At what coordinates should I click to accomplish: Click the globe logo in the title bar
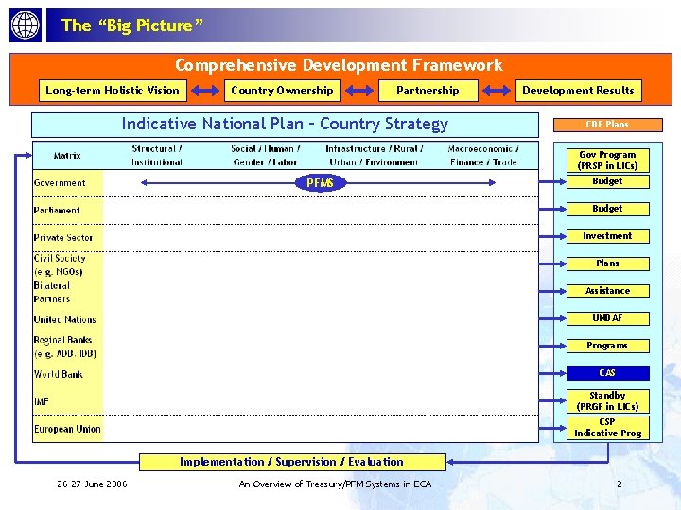(26, 25)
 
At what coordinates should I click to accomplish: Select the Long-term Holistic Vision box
(113, 91)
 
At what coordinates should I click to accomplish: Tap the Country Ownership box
(283, 91)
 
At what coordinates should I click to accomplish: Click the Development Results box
(578, 91)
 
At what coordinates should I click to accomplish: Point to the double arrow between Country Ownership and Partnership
(358, 91)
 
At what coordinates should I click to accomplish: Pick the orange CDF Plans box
(607, 124)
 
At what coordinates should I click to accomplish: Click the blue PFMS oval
(321, 182)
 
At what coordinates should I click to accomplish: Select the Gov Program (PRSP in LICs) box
(607, 160)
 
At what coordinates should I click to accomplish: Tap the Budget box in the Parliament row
(607, 209)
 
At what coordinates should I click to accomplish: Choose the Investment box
(607, 236)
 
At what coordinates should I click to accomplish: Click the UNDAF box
(607, 318)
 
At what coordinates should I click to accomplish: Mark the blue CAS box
(607, 373)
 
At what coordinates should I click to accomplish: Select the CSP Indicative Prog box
(607, 428)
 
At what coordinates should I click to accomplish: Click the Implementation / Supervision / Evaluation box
(291, 462)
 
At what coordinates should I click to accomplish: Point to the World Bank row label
(59, 375)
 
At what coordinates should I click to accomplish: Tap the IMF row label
(42, 402)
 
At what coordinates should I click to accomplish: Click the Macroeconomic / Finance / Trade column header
(482, 156)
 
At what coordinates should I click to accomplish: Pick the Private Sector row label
(63, 238)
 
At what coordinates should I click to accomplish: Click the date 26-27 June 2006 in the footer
(93, 484)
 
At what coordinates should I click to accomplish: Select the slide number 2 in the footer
(620, 484)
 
